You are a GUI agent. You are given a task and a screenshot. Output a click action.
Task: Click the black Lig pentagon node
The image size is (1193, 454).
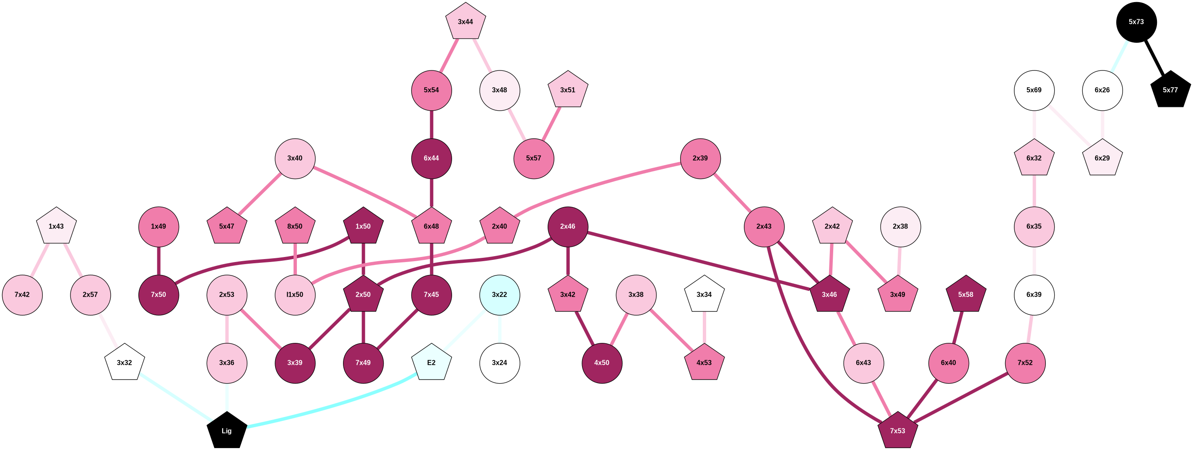(226, 431)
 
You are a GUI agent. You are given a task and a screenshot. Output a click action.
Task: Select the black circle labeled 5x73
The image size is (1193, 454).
(1136, 22)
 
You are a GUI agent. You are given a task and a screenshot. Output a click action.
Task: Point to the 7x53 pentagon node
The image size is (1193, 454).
(897, 431)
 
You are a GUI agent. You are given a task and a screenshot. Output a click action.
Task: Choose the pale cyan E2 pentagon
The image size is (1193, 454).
(431, 363)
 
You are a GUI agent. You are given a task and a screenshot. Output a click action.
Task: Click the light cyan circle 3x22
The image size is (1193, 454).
(499, 295)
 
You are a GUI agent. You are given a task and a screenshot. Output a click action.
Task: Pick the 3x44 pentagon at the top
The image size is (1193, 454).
(465, 22)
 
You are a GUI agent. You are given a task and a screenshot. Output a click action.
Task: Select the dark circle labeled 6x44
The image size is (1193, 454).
(431, 158)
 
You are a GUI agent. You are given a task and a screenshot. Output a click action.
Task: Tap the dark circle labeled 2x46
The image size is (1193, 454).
(568, 226)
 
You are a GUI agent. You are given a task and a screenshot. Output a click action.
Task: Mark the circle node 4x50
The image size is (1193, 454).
(602, 363)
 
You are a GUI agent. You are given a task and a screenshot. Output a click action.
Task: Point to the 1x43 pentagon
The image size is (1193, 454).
(57, 226)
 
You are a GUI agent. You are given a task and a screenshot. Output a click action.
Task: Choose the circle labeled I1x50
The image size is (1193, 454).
(295, 295)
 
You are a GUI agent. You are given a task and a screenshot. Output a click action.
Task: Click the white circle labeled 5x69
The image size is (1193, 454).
(1034, 90)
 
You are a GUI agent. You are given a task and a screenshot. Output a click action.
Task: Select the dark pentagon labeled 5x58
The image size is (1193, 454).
(966, 295)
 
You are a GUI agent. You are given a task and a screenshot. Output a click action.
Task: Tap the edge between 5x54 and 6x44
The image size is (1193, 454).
(431, 124)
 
